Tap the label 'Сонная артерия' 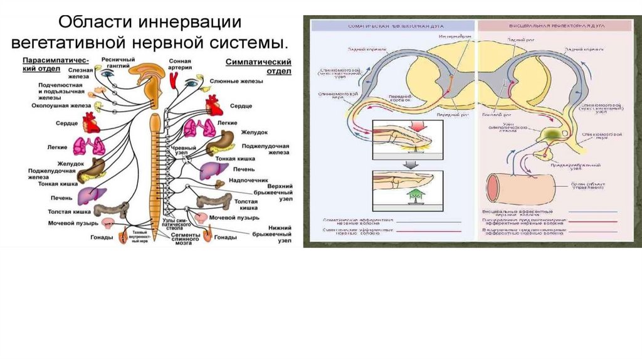179,65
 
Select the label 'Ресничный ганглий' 118,63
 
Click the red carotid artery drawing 173,79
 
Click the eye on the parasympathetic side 107,73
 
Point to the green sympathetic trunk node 547,135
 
